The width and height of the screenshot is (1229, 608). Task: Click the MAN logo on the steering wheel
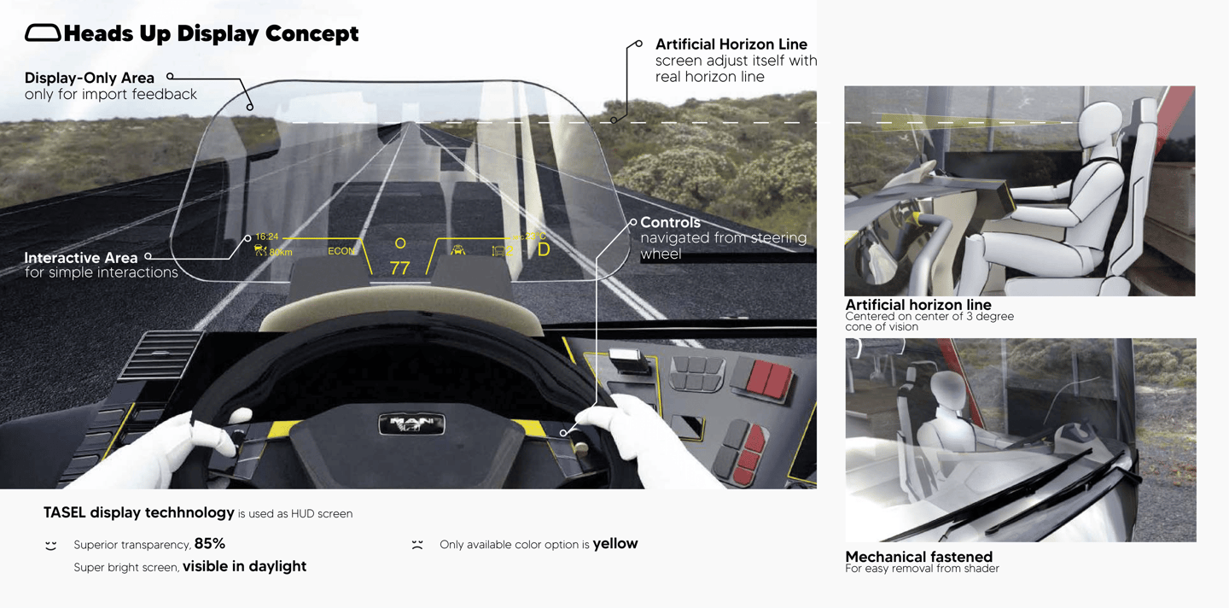412,423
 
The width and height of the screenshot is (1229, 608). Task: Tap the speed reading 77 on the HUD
399,268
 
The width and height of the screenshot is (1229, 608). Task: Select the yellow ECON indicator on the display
341,251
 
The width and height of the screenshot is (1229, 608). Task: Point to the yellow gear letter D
544,250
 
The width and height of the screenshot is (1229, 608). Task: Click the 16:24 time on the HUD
267,237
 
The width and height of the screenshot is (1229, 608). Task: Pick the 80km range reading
280,252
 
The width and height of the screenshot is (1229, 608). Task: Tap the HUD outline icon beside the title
43,33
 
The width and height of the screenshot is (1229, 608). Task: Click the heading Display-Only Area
90,78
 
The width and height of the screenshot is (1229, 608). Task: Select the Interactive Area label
80,257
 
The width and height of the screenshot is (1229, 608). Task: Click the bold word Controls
670,222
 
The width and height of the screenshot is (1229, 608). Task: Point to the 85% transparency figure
210,543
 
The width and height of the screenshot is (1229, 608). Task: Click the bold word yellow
615,543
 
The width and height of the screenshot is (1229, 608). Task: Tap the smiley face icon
51,545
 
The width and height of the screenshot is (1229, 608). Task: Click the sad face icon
417,544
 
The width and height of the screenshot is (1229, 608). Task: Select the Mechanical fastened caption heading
918,557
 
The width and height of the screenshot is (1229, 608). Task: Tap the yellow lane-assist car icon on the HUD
458,250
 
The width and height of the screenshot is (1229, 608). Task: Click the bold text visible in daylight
244,566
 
